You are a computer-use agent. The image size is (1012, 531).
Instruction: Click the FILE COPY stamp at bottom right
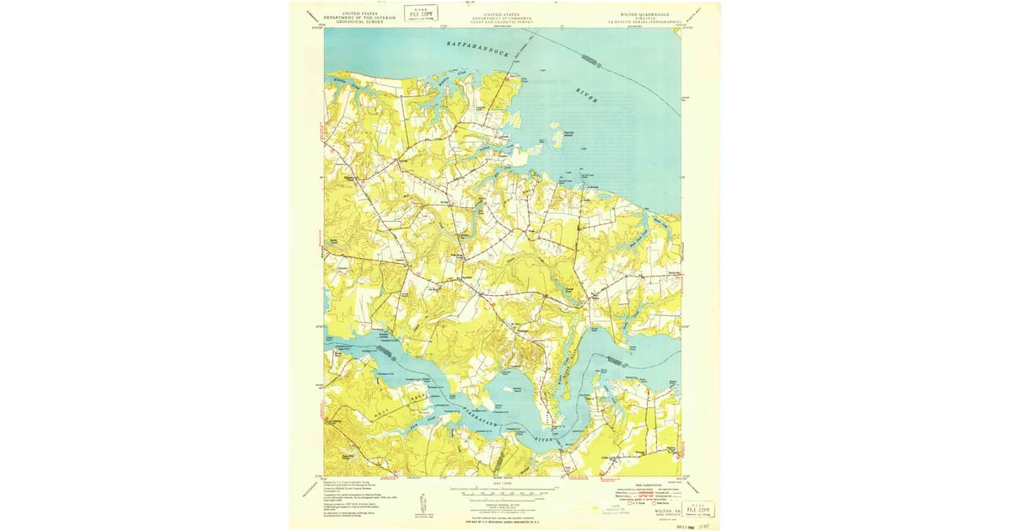(x=699, y=509)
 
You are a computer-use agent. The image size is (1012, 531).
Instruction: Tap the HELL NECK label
(x=403, y=397)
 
